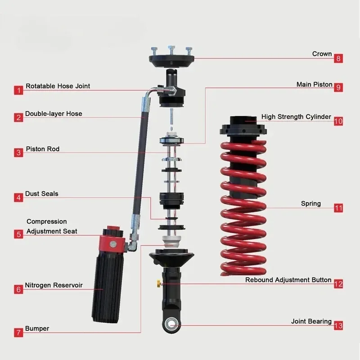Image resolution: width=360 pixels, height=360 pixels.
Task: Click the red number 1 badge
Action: (x=18, y=90)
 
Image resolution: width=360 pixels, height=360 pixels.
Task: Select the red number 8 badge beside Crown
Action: (x=338, y=58)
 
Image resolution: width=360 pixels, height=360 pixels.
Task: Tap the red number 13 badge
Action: (x=338, y=325)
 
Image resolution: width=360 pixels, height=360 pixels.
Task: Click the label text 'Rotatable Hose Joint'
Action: (x=58, y=86)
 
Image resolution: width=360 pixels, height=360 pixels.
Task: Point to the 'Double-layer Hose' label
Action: (x=54, y=114)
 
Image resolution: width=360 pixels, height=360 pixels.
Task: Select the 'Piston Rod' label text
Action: (x=42, y=149)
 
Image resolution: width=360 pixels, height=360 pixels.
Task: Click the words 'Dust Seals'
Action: (x=41, y=193)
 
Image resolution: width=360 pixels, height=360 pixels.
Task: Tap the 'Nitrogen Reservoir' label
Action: (x=54, y=285)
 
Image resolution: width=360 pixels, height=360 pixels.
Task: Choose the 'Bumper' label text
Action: (x=37, y=328)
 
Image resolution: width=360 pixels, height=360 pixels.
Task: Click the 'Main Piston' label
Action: (x=314, y=84)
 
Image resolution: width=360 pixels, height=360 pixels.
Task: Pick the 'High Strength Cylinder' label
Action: (x=296, y=117)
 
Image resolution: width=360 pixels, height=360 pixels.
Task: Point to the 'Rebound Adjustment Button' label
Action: (x=288, y=280)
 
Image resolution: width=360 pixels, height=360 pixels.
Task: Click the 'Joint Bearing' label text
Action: (x=311, y=321)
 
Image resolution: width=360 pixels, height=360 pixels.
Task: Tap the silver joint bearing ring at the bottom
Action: (x=171, y=324)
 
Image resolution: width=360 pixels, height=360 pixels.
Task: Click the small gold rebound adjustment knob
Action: (x=158, y=283)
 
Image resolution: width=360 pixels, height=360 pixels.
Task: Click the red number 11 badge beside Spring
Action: (x=338, y=208)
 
